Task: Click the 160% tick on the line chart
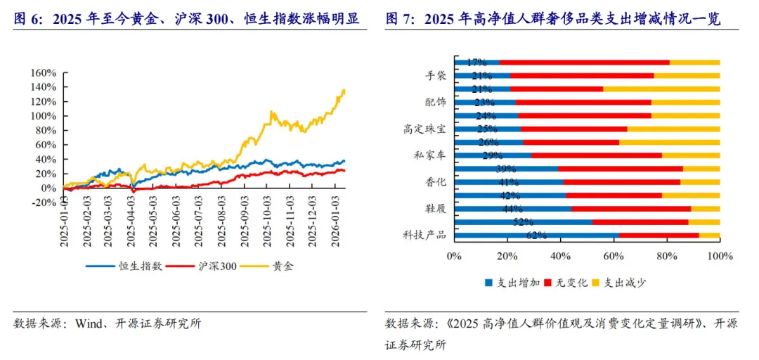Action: coord(43,72)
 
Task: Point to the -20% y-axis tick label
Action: coord(41,202)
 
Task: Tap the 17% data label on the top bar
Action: coord(477,63)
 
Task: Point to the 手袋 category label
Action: coord(435,76)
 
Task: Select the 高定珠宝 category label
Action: coord(424,129)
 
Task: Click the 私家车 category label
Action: coord(429,155)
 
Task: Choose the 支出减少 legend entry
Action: coord(624,283)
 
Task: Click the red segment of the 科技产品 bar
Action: coord(659,235)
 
